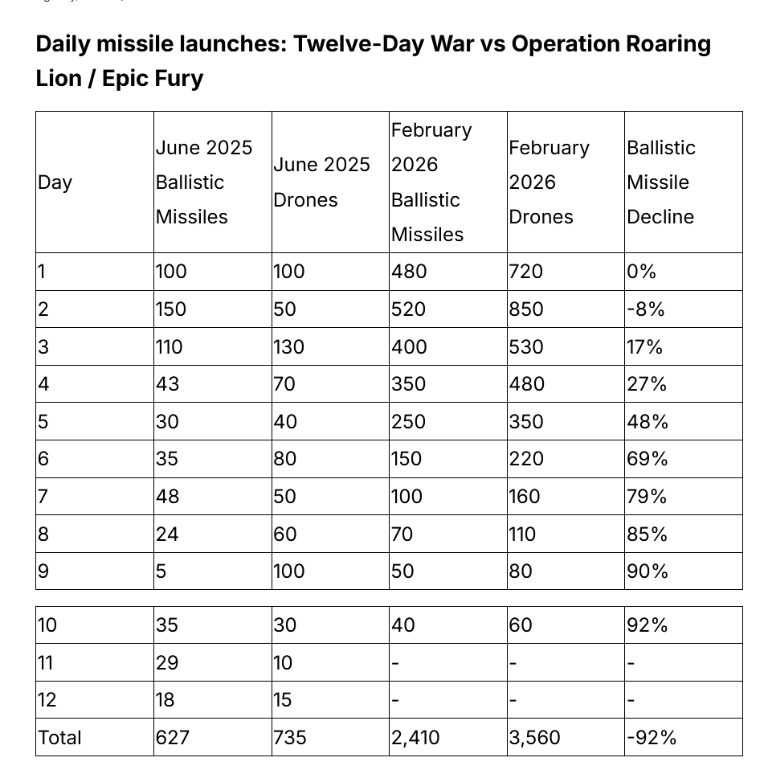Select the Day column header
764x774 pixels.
coord(55,182)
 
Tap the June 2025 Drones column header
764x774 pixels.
coord(321,182)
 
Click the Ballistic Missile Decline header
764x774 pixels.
coord(660,182)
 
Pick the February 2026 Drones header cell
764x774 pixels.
coord(549,182)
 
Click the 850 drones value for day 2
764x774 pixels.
coord(525,309)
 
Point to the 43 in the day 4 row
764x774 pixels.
coord(167,384)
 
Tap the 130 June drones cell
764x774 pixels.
coord(289,347)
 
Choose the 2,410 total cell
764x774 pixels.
coord(415,737)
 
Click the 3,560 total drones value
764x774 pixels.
coord(534,737)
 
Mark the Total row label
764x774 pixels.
coord(59,737)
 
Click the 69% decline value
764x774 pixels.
coord(647,459)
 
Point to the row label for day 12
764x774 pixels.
coord(47,700)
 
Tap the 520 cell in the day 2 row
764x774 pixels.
coord(408,309)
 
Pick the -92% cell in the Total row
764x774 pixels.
coord(652,737)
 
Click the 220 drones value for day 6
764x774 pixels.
coord(525,459)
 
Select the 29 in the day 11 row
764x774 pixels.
coord(167,663)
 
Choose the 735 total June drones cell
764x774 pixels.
coord(290,737)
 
